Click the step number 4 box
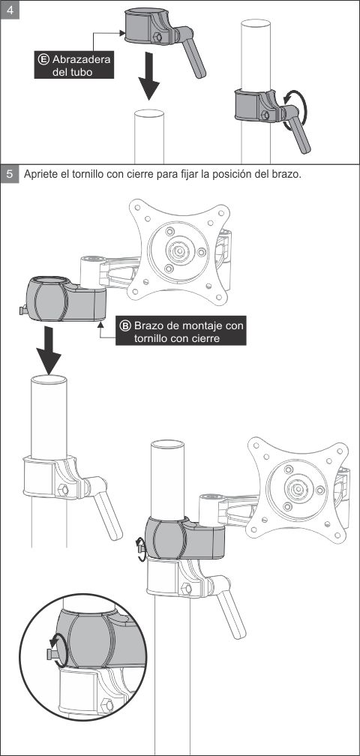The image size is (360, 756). coord(10,10)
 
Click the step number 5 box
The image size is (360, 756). coord(10,174)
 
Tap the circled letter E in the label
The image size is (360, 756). coord(43,60)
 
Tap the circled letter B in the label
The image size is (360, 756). coord(125,326)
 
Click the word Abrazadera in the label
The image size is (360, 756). coord(81,60)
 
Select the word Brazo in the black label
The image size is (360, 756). coord(148,326)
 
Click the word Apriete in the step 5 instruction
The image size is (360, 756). coord(40,174)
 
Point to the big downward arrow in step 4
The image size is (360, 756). coord(148,76)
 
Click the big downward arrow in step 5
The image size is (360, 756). coord(48,349)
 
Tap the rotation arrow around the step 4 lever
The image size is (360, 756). coord(295,110)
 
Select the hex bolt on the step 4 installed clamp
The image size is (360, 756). coord(265,115)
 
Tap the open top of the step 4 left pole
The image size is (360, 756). coord(149,114)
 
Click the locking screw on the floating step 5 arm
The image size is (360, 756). coord(23,310)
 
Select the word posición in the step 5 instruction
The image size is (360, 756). coord(229,174)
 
